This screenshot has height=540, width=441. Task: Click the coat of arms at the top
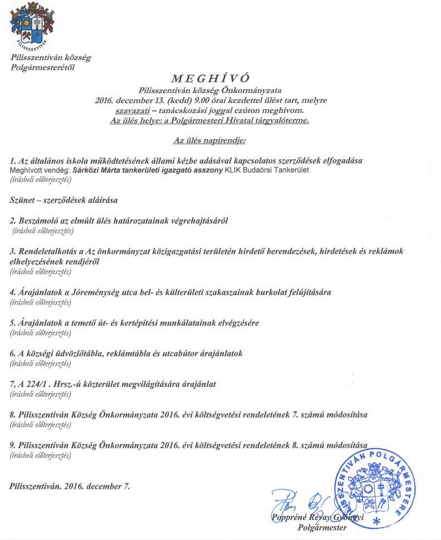32,25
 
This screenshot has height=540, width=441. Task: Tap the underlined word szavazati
130,110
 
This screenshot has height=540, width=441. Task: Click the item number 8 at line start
12,414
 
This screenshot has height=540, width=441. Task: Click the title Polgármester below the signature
322,527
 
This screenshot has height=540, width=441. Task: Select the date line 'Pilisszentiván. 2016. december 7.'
70,486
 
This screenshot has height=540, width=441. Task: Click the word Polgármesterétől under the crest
42,67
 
